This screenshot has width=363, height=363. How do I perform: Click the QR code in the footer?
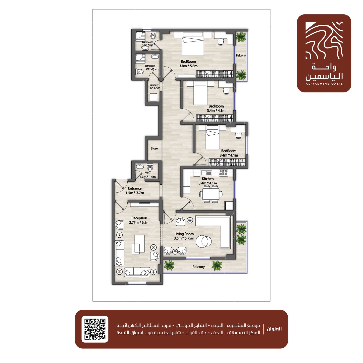coord(95,329)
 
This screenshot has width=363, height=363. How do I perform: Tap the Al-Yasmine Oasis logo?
coord(324,53)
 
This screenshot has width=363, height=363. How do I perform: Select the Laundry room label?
coord(154,85)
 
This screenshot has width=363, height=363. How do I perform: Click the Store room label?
coord(154,148)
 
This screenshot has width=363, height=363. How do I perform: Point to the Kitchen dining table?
coord(211,194)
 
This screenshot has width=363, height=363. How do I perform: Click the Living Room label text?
coord(184,234)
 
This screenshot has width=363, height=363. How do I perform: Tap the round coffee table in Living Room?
coord(203,241)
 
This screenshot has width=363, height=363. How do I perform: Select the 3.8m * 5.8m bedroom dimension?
coord(188,66)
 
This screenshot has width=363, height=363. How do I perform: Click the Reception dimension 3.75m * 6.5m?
coord(139,223)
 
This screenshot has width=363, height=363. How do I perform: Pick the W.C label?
coord(148,173)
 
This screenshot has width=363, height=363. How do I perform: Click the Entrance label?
coord(135,188)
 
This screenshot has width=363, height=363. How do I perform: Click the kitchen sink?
coord(206,172)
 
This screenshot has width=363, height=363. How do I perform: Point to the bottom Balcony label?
coord(198,267)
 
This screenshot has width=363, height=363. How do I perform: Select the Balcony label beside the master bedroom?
coord(241,55)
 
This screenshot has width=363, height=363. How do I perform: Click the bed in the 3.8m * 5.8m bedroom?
coord(193,43)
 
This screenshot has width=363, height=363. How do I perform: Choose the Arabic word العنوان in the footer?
coord(274,329)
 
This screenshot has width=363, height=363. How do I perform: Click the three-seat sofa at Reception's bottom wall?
coord(137,272)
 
